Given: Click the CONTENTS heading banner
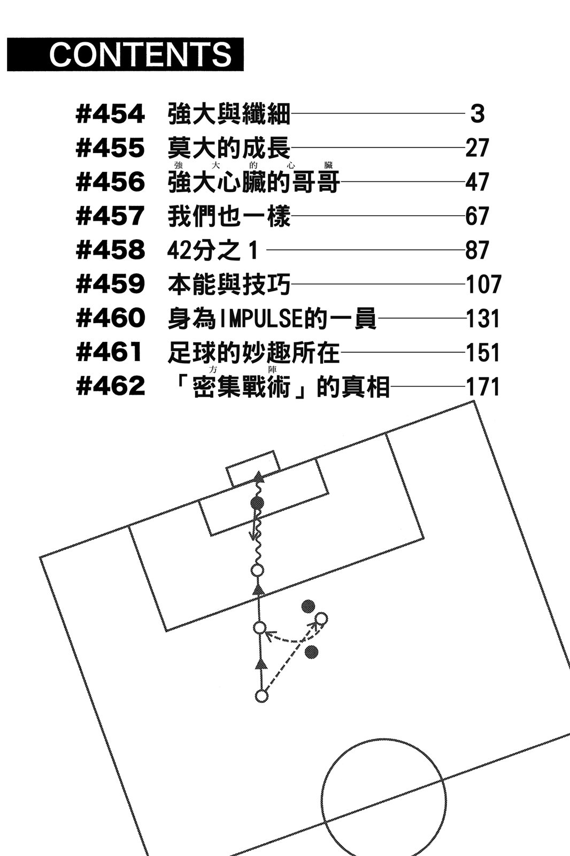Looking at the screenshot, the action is [x=125, y=54].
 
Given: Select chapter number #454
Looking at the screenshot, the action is [x=110, y=114].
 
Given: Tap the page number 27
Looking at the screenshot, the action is [x=477, y=148].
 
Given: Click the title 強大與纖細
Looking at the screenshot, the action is [x=229, y=114].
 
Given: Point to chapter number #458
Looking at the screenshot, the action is [x=110, y=250].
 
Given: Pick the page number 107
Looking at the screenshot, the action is [x=483, y=284].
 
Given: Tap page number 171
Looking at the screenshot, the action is [x=483, y=386].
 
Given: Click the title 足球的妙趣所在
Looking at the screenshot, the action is [x=253, y=353].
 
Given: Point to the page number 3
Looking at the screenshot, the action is [x=477, y=114].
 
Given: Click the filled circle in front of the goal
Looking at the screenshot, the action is [x=257, y=503].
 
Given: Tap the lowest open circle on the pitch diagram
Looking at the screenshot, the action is [x=261, y=696].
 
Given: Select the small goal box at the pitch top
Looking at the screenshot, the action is [x=252, y=468].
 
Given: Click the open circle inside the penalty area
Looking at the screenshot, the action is [x=258, y=570].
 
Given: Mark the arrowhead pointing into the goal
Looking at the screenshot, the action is [x=259, y=476].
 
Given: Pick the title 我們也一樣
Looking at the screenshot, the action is [x=229, y=216].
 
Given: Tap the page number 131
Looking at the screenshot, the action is [x=483, y=319].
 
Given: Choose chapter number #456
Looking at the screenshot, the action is [x=110, y=182].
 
